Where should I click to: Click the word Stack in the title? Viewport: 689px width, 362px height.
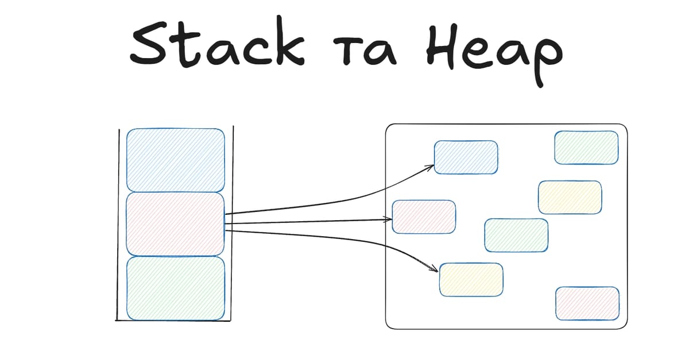[x=216, y=46]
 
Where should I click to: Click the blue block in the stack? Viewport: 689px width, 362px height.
[x=175, y=160]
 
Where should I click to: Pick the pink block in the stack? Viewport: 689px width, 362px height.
[x=175, y=224]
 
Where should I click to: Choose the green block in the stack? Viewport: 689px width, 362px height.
[x=175, y=288]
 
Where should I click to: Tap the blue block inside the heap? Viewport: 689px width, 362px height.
[x=466, y=157]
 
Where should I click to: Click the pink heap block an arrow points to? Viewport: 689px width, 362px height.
[x=424, y=217]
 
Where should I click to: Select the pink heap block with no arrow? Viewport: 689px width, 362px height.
[x=587, y=303]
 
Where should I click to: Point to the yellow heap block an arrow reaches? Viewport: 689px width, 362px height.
[x=471, y=279]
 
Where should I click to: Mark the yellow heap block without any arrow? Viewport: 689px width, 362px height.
[x=570, y=197]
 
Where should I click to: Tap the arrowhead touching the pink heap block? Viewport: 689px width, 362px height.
[x=389, y=218]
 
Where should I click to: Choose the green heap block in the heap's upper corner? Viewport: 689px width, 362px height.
[x=586, y=148]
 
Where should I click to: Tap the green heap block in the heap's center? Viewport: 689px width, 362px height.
[x=516, y=235]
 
